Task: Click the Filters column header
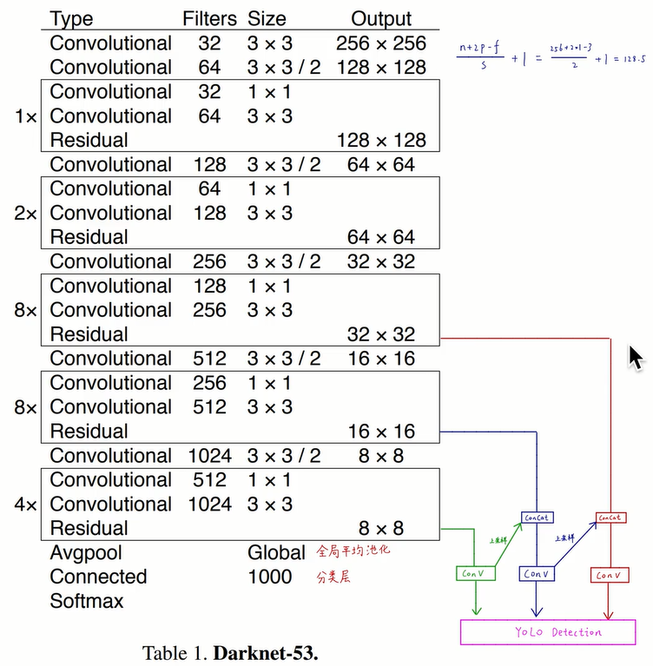pos(208,18)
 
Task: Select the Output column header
pos(381,18)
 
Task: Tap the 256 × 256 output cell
pos(381,43)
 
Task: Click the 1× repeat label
pos(26,116)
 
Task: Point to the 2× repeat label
pos(26,213)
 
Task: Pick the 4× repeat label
pos(26,504)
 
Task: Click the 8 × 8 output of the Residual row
pos(381,528)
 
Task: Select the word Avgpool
pos(86,553)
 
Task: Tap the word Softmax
pos(87,601)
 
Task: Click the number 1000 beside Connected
pos(269,577)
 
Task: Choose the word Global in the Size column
pos(276,553)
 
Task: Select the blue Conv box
pos(537,574)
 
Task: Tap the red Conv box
pos(609,575)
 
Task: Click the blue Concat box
pos(536,518)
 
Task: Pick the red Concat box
pos(610,518)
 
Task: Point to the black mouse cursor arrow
pos(637,357)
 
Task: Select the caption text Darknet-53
pos(266,652)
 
